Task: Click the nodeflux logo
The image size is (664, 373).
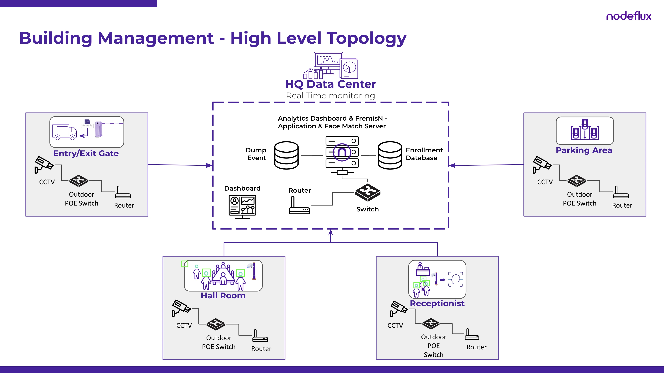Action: [x=628, y=16]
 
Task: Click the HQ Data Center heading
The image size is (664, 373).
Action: [x=331, y=84]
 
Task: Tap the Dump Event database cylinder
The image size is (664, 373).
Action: [x=286, y=155]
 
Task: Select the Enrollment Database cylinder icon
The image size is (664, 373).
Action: [x=390, y=155]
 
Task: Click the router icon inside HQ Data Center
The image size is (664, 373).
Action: [x=299, y=206]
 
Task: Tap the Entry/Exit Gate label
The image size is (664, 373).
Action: [x=86, y=153]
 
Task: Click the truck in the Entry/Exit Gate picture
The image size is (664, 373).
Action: [x=64, y=132]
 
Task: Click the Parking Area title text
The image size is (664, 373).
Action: [x=584, y=150]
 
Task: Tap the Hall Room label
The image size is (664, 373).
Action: [x=223, y=295]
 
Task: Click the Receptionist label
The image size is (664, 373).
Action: [x=437, y=303]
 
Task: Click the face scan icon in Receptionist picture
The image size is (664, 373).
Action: [x=455, y=280]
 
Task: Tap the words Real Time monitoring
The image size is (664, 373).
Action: [x=331, y=96]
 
